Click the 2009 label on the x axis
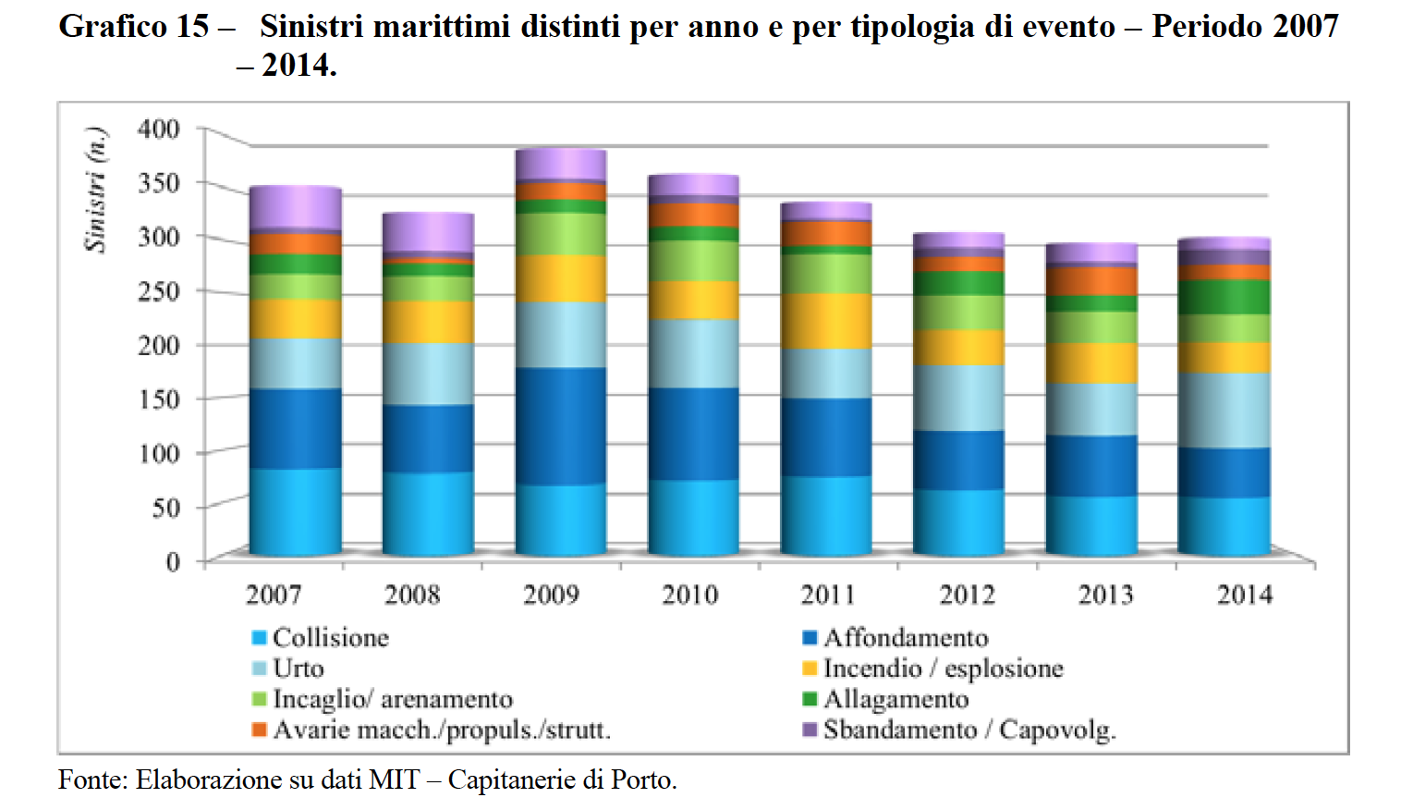point(551,594)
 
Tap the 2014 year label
point(1244,594)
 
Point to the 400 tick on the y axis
point(159,129)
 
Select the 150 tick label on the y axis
point(159,399)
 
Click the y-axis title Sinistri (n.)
point(95,190)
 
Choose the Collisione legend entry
point(330,638)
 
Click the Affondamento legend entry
point(905,638)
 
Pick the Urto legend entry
point(298,669)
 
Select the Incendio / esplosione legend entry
point(943,669)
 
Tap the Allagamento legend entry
point(895,699)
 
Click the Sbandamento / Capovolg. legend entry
point(969,730)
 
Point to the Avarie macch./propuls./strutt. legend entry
point(441,730)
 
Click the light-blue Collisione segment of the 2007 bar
point(295,510)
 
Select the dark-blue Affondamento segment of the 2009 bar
point(560,425)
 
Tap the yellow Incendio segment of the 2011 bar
point(825,321)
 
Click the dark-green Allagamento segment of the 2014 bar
point(1224,297)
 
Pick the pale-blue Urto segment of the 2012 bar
point(958,398)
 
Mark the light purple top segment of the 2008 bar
point(428,231)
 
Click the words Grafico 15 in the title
point(134,26)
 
